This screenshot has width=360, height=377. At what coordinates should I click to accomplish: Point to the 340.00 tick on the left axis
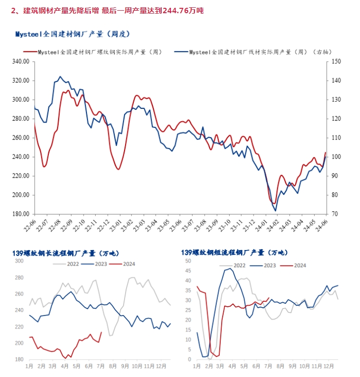[x=21, y=62]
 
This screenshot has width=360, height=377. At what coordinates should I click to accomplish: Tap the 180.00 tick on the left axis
[x=21, y=214]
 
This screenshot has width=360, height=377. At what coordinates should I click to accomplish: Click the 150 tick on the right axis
[x=336, y=62]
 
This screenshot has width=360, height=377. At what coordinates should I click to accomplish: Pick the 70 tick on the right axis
[x=335, y=214]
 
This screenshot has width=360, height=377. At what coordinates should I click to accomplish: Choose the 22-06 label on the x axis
[x=33, y=225]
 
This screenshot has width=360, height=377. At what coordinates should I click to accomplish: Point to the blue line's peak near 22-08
[x=60, y=77]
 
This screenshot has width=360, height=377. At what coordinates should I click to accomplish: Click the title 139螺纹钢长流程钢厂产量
[x=65, y=253]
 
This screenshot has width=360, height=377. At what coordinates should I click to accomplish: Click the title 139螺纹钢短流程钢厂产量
[x=234, y=253]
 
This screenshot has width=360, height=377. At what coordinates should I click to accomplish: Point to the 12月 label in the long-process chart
[x=162, y=365]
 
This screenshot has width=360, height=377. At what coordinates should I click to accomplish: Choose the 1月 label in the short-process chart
[x=197, y=365]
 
